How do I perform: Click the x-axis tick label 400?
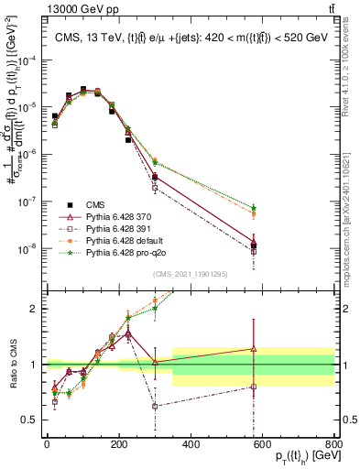pyautogui.click(x=191, y=445)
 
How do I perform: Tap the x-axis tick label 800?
pyautogui.click(x=333, y=445)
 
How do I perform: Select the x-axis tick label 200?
pyautogui.click(x=119, y=445)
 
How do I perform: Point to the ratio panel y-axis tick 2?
pyautogui.click(x=34, y=309)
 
